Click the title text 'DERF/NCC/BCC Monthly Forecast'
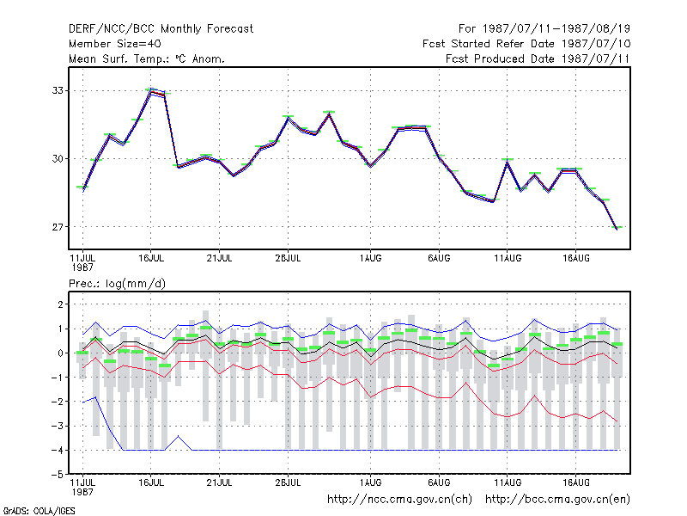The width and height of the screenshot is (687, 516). click(161, 29)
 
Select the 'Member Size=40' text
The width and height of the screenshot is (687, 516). click(115, 44)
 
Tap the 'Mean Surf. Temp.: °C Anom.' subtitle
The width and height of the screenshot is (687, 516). click(147, 58)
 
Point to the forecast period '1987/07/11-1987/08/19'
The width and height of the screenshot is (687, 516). click(556, 29)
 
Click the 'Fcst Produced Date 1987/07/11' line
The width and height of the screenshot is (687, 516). click(538, 58)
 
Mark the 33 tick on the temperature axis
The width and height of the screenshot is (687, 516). click(58, 90)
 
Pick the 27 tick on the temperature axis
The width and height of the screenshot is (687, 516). click(58, 227)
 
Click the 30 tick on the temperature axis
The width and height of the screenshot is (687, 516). click(58, 158)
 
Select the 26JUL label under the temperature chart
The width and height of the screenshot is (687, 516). click(288, 258)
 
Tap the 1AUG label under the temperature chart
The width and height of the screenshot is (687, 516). click(371, 258)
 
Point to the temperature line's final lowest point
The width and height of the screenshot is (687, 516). click(617, 229)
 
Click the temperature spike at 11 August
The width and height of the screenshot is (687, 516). click(508, 163)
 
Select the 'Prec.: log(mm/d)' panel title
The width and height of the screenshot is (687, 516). click(117, 284)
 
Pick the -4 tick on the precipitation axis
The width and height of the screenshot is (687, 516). click(58, 450)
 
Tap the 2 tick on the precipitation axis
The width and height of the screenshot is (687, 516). click(60, 304)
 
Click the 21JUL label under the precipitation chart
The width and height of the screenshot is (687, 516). click(219, 482)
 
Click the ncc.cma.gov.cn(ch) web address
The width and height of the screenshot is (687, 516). click(399, 500)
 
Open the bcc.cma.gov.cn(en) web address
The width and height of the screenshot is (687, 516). click(557, 500)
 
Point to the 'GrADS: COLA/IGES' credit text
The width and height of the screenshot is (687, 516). click(40, 511)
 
